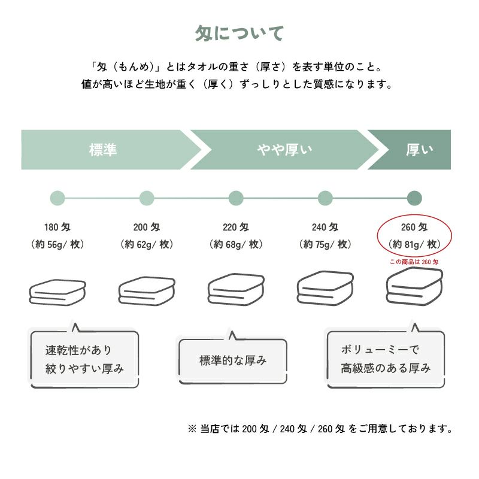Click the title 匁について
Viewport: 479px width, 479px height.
tap(239, 34)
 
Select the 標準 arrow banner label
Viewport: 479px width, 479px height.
tap(102, 150)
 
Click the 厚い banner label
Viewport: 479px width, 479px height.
tap(419, 150)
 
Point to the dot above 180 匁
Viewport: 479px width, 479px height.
tap(57, 198)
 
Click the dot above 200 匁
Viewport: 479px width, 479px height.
tap(147, 198)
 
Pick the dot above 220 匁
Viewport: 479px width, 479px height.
tap(236, 198)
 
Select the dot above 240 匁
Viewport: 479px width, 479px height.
tap(325, 198)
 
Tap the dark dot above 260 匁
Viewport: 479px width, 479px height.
tap(414, 198)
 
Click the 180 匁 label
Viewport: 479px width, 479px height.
tap(57, 228)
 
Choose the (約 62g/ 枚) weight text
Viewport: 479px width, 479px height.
tap(147, 244)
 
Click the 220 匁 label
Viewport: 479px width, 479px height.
tap(236, 228)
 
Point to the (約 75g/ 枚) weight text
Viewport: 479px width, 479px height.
tap(325, 244)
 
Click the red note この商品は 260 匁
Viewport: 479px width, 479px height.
tap(414, 262)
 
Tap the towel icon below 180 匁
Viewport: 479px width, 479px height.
tap(57, 292)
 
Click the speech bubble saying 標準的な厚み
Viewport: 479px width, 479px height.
tap(233, 360)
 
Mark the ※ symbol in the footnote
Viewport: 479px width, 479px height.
tap(192, 429)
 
